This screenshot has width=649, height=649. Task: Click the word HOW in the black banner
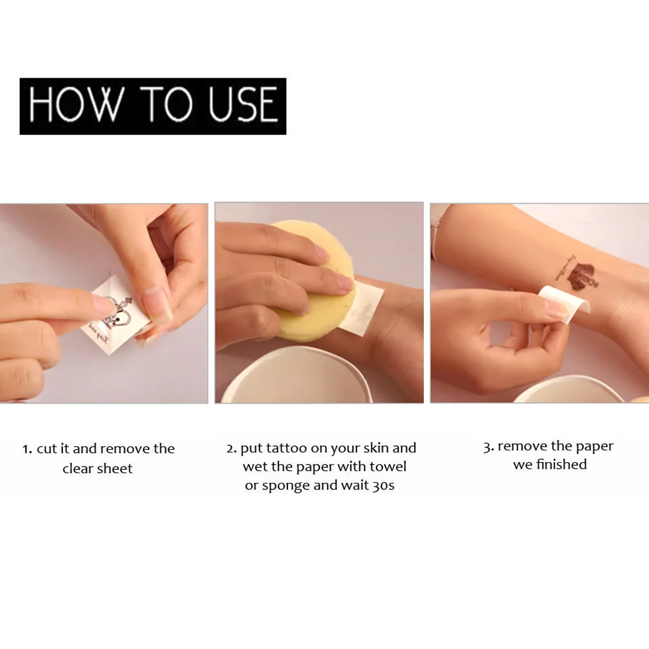[x=77, y=104]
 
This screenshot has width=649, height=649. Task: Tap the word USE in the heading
[x=243, y=104]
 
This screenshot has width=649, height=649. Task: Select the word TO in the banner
[x=166, y=104]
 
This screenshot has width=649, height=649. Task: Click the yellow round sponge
[x=312, y=280]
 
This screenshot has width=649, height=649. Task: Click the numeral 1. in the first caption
[x=27, y=449]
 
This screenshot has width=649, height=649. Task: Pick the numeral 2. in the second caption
[x=232, y=448]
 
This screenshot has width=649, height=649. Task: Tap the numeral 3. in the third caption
[x=489, y=447]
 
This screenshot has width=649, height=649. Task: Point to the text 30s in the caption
[x=383, y=485]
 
